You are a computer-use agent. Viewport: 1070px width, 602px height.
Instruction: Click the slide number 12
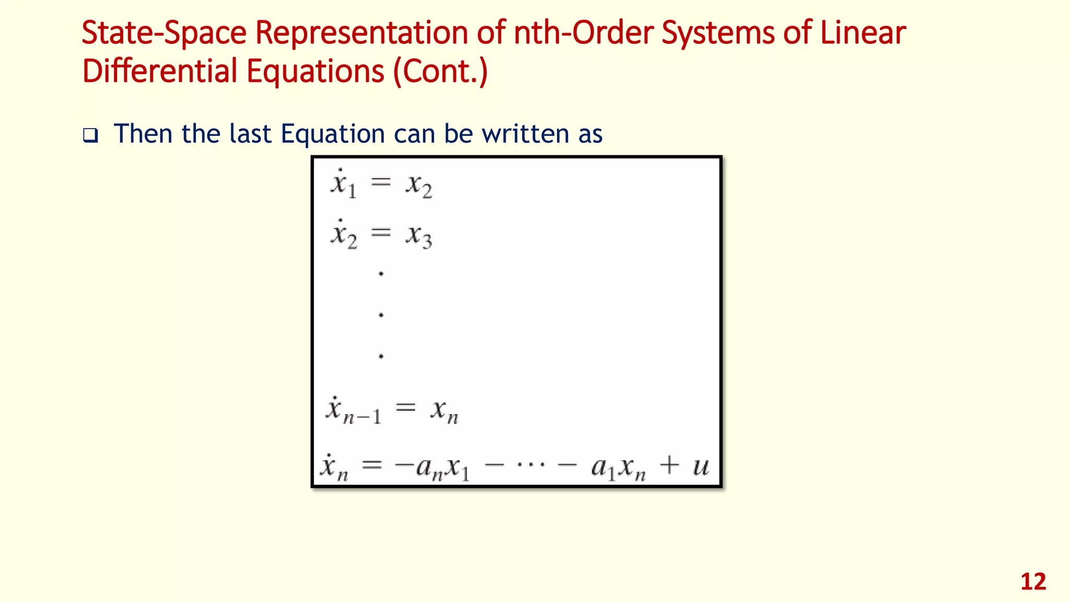tap(1033, 582)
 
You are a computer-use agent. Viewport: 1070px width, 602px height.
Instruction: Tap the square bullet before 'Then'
tap(90, 136)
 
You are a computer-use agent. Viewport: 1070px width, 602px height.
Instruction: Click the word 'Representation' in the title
tap(362, 32)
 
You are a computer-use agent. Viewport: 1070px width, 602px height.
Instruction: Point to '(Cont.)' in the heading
tap(440, 72)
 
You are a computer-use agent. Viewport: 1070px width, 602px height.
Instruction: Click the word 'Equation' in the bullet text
tap(333, 134)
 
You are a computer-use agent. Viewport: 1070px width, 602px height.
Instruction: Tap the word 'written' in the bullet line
tap(526, 134)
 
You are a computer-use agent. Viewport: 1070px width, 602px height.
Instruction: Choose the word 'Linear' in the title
tap(863, 32)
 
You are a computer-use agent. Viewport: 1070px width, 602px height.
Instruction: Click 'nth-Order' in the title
tap(583, 32)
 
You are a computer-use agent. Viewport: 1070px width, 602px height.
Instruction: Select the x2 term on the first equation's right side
tap(419, 186)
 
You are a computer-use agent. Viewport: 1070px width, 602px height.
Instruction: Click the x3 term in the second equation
tap(419, 236)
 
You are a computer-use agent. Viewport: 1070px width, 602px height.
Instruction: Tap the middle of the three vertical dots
tap(381, 315)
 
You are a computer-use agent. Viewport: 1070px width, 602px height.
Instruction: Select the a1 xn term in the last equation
tap(619, 467)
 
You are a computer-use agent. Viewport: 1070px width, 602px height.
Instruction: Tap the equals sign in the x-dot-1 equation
tap(381, 182)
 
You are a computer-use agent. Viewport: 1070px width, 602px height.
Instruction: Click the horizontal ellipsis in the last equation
tap(531, 464)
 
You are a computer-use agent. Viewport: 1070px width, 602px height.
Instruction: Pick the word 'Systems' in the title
tap(718, 32)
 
